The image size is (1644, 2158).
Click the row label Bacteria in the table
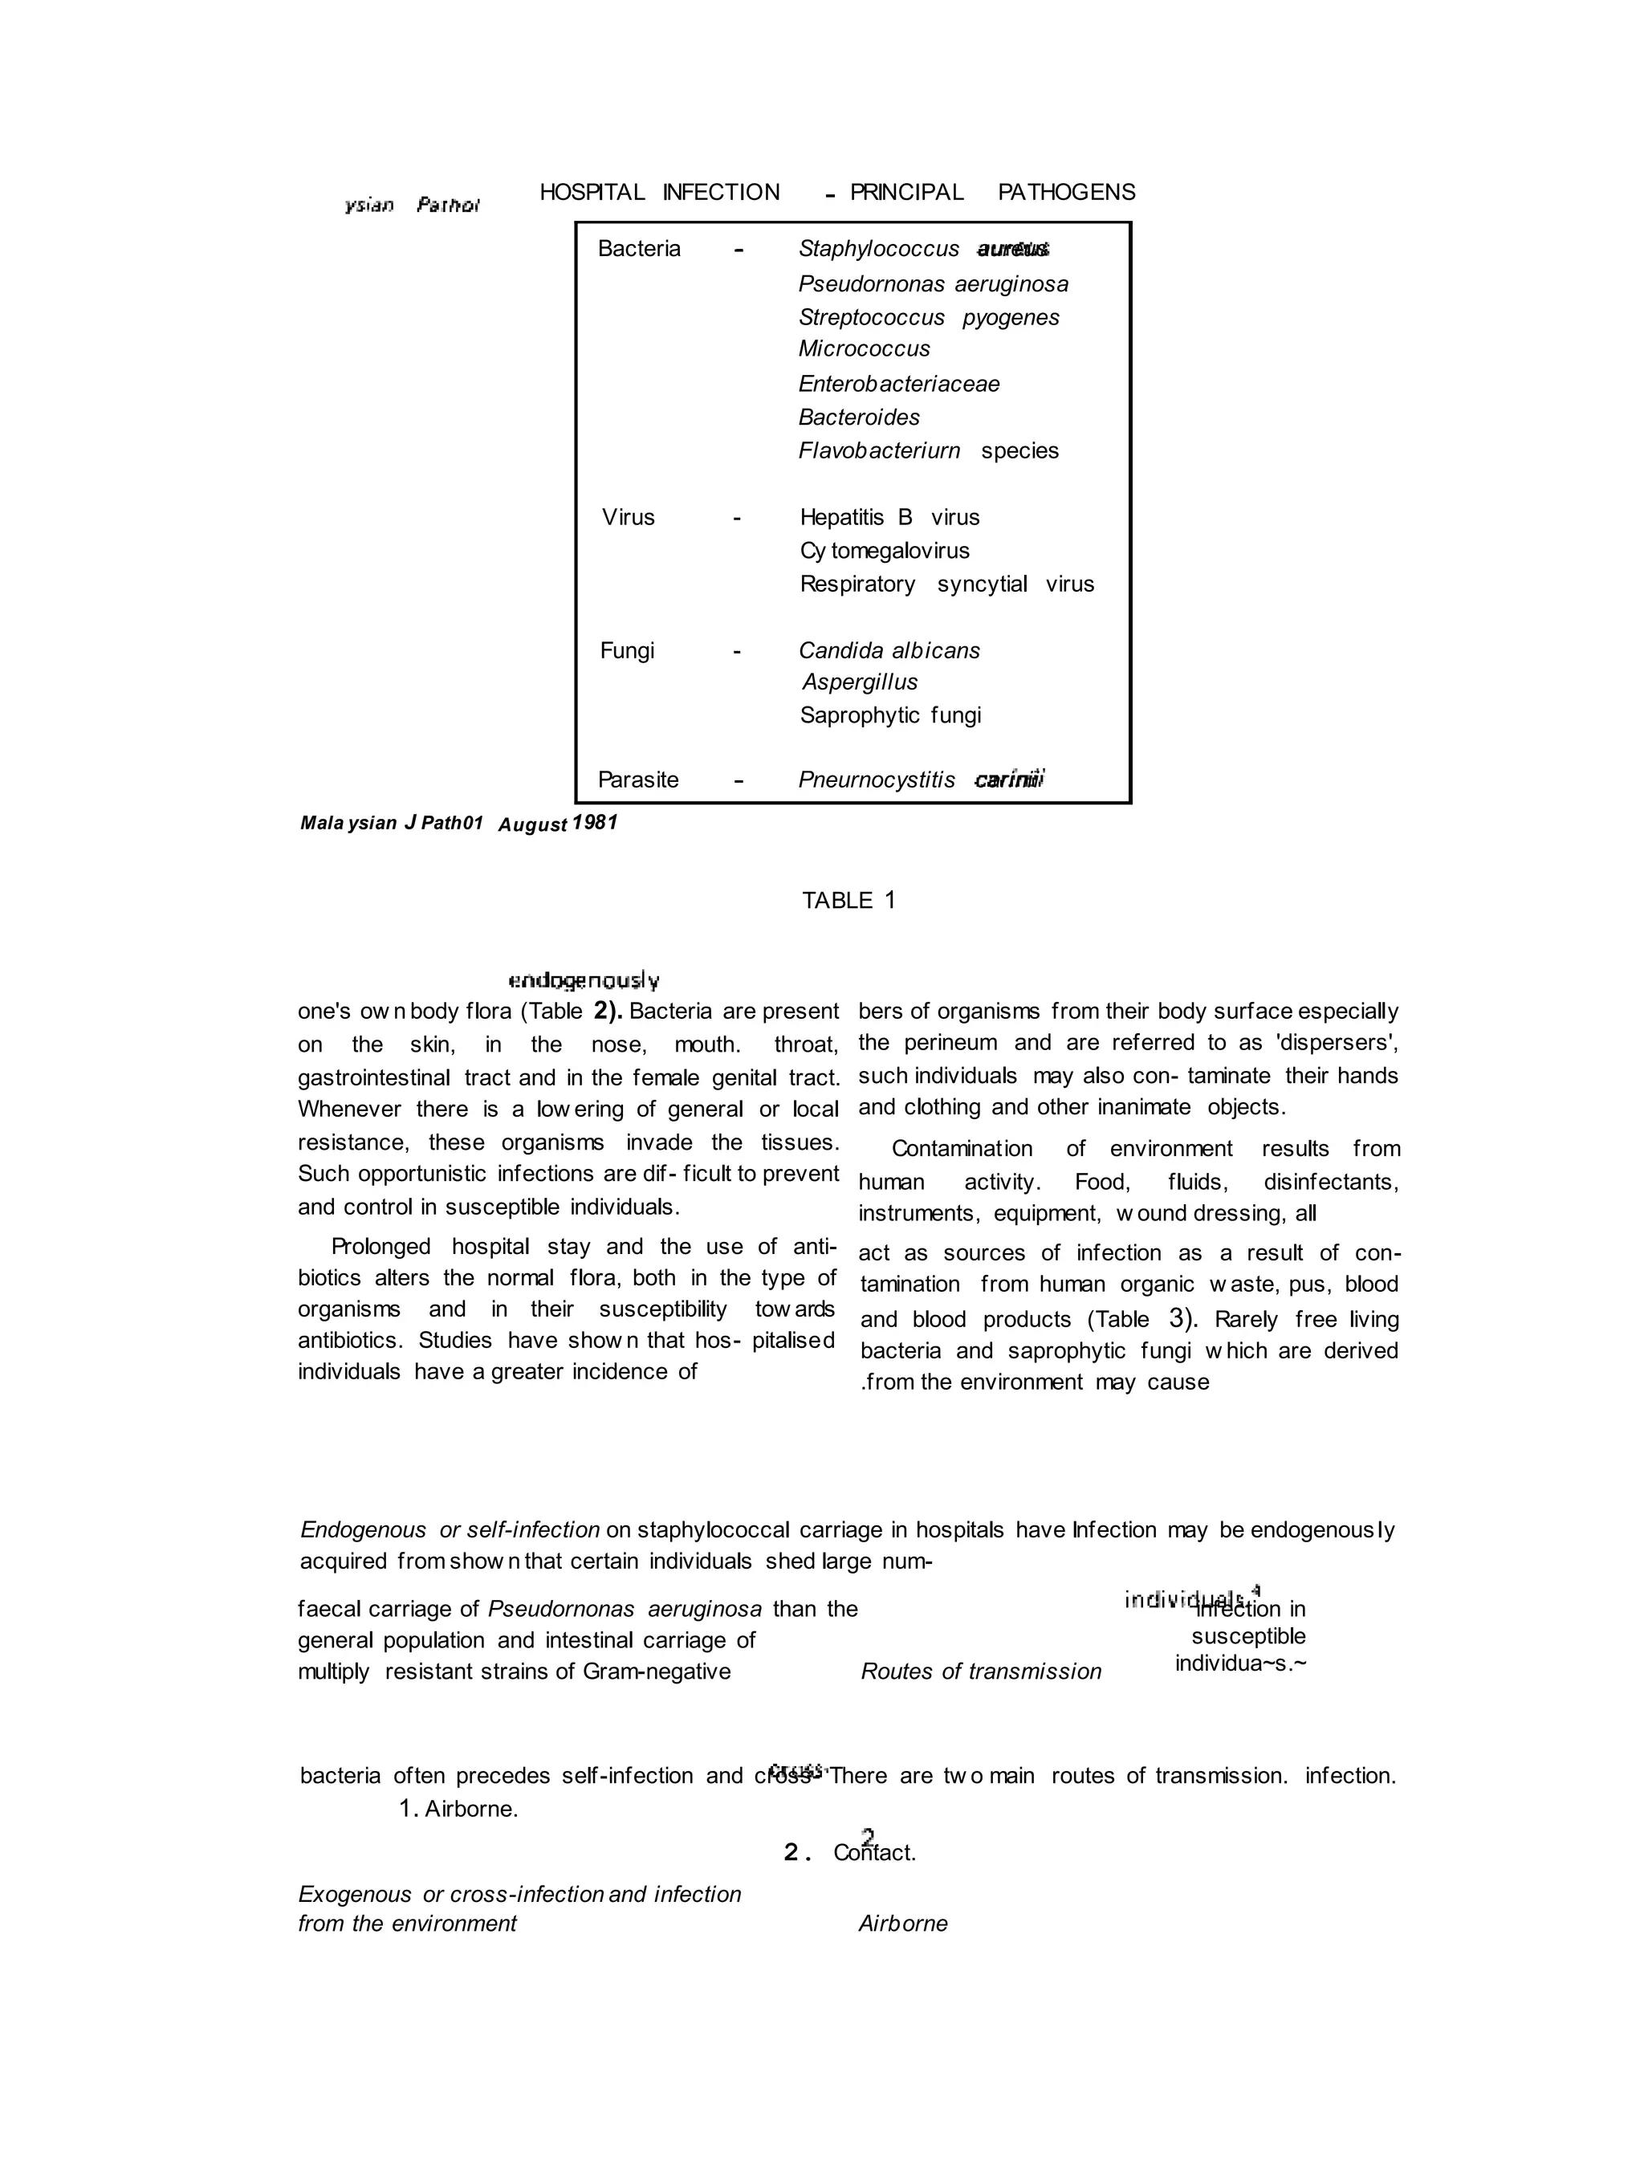click(639, 249)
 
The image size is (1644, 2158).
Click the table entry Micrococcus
click(864, 348)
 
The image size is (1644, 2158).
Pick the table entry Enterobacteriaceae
click(898, 384)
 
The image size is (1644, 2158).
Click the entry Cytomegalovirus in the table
click(884, 550)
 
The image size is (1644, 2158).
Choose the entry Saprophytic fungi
click(889, 715)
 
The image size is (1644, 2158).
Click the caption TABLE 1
click(848, 901)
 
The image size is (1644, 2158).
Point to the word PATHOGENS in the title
click(1066, 192)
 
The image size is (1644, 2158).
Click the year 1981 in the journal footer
click(595, 822)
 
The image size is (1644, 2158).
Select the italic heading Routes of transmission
click(980, 1671)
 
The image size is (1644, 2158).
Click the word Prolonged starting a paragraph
click(380, 1246)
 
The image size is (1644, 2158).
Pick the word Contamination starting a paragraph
click(961, 1148)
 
